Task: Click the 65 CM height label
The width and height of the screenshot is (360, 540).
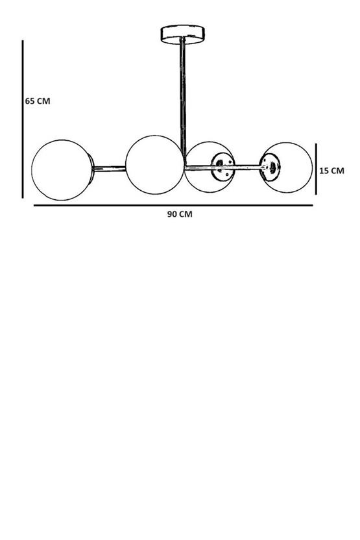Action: click(x=38, y=101)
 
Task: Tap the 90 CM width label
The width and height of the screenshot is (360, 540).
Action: click(x=180, y=214)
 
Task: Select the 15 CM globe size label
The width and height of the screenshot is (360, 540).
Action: click(x=331, y=171)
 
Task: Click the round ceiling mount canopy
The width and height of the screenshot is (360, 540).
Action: click(x=183, y=34)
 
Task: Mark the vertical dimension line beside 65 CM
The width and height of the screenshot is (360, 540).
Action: click(x=23, y=119)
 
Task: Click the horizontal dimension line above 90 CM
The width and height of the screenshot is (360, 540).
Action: click(x=173, y=206)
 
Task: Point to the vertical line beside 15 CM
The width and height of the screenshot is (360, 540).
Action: click(x=316, y=169)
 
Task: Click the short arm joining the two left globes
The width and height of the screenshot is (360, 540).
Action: click(x=110, y=169)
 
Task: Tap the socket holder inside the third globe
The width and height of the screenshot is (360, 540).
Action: click(x=222, y=167)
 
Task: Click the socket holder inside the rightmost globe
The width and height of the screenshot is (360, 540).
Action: click(x=270, y=167)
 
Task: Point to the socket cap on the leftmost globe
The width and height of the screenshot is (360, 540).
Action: click(x=91, y=169)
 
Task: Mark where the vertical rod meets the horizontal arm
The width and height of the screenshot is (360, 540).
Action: click(x=184, y=167)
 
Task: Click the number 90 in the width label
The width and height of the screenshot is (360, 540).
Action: click(x=173, y=214)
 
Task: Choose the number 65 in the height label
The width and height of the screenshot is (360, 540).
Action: click(x=30, y=101)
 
